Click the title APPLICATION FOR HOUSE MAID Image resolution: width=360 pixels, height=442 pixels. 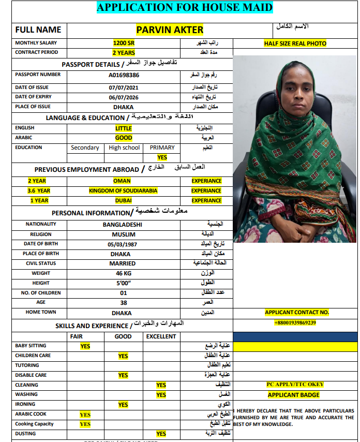pos(185,7)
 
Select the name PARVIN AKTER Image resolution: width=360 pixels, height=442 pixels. pos(170,30)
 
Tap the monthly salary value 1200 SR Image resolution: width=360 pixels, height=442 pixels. pos(124,43)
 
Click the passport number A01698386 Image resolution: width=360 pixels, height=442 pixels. pos(124,75)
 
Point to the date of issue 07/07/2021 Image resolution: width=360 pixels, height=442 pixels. pos(124,87)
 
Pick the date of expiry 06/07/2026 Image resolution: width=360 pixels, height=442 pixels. pos(124,97)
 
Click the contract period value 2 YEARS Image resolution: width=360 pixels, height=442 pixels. pos(124,53)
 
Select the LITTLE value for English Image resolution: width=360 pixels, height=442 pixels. pos(124,128)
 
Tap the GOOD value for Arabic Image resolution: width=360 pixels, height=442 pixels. pos(124,138)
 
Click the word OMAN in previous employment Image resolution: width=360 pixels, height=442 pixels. pos(122,181)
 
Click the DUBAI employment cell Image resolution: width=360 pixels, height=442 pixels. pos(122,201)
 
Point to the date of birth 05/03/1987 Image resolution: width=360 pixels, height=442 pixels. pos(123,244)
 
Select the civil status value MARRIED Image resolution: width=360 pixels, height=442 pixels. pos(123,264)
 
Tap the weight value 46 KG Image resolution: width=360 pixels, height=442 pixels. pos(123,273)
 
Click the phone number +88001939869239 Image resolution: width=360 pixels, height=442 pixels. pos(295,323)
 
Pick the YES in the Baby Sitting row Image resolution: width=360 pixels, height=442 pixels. pos(85,346)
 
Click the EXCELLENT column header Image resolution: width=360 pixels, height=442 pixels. pos(161,336)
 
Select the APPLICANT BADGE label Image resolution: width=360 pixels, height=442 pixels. pos(293,395)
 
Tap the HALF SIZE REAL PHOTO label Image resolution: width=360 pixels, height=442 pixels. pos(295,43)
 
